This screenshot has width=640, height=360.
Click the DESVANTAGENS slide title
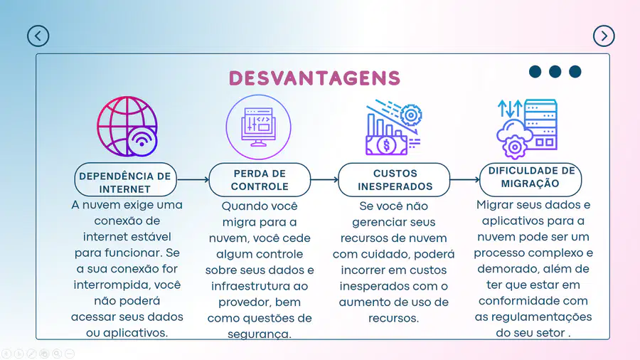(x=314, y=78)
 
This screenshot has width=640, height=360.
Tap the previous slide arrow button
(x=38, y=36)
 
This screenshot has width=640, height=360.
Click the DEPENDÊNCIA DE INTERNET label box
(x=125, y=179)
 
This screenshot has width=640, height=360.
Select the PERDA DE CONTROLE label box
(x=260, y=179)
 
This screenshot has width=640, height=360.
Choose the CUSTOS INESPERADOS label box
(x=394, y=179)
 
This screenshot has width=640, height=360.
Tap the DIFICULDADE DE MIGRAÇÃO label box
(x=530, y=179)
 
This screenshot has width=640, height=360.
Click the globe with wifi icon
(x=127, y=127)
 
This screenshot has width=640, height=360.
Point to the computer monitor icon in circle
(x=258, y=127)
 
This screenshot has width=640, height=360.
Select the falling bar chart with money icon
(x=393, y=127)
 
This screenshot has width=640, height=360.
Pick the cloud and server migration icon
(x=527, y=129)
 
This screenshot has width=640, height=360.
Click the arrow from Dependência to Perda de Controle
(x=193, y=179)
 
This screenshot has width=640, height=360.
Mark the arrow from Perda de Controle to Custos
(x=324, y=179)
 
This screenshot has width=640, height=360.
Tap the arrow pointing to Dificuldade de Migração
(x=465, y=179)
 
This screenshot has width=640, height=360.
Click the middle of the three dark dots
(x=555, y=71)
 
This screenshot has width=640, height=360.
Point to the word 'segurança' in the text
(x=259, y=334)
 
